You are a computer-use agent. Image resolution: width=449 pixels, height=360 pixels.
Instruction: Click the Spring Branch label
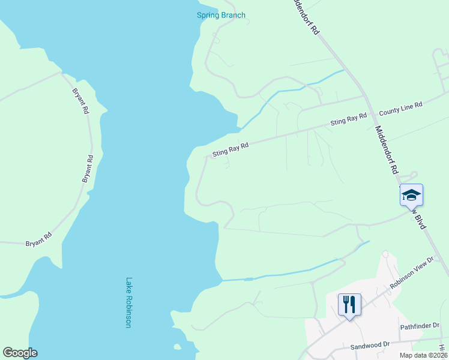(x=221, y=15)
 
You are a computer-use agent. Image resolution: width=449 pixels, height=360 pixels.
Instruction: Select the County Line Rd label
(x=400, y=107)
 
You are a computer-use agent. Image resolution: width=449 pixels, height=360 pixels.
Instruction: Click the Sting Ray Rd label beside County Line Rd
(x=348, y=119)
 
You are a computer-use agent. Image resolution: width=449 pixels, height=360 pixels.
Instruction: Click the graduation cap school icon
(x=411, y=196)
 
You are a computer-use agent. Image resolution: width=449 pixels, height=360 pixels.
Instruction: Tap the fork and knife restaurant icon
(x=349, y=304)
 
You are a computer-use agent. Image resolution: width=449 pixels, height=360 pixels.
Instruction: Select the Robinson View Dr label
(x=411, y=273)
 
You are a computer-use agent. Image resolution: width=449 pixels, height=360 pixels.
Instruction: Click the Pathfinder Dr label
(x=420, y=326)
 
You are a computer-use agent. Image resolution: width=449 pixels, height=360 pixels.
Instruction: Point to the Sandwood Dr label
(x=370, y=346)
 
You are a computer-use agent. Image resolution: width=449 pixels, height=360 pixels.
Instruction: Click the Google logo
(x=20, y=353)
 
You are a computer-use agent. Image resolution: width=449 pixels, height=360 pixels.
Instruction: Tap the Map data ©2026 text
(x=423, y=355)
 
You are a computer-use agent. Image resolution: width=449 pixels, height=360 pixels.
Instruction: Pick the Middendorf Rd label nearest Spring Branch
(x=304, y=17)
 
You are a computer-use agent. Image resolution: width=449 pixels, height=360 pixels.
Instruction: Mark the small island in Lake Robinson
(x=177, y=346)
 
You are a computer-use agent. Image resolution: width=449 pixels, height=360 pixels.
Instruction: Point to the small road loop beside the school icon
(x=409, y=175)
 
